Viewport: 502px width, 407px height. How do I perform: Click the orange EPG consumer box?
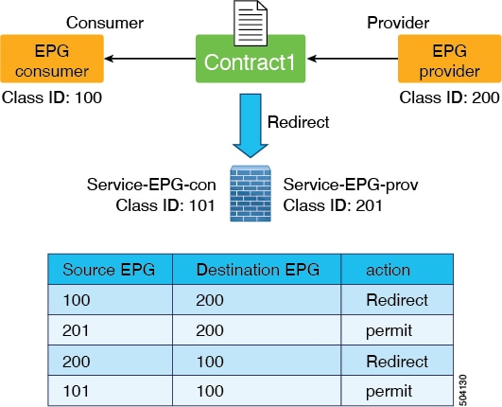[x=52, y=59]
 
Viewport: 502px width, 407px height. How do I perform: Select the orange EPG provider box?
[x=450, y=59]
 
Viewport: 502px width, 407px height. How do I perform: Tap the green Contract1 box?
[x=251, y=59]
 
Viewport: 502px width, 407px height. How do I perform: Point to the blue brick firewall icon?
[x=251, y=194]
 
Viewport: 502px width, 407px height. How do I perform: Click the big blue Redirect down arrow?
[x=251, y=126]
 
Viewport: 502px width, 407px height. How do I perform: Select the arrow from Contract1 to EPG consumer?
[x=150, y=59]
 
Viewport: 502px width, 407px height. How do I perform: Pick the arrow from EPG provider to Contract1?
[x=353, y=59]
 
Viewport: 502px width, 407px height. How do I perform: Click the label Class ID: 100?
[x=52, y=97]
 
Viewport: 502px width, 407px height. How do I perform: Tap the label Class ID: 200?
[x=449, y=97]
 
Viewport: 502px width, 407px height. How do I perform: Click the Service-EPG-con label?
[x=151, y=185]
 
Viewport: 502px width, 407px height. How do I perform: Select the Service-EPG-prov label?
[x=351, y=185]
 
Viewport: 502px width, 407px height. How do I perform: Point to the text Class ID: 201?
[x=333, y=205]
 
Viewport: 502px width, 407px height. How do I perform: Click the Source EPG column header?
[x=109, y=270]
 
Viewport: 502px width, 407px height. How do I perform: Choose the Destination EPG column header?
[x=258, y=270]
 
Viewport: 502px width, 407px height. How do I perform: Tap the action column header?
[x=388, y=270]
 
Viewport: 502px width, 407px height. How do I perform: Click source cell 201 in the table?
[x=76, y=330]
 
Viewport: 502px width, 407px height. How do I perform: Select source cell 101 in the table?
[x=76, y=391]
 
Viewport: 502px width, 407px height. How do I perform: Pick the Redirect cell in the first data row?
[x=397, y=300]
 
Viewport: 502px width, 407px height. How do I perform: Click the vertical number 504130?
[x=462, y=390]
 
